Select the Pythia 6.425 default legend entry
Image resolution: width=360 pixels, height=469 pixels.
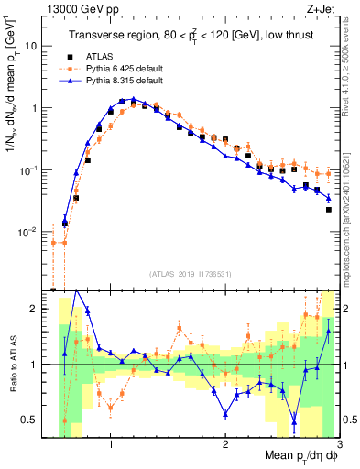[125, 69]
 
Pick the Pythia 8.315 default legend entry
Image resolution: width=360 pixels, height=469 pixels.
[125, 81]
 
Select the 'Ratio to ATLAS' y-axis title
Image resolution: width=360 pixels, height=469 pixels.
[13, 365]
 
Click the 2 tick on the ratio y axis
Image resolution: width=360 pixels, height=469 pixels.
[38, 310]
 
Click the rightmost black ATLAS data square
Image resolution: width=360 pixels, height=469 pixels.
[328, 209]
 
